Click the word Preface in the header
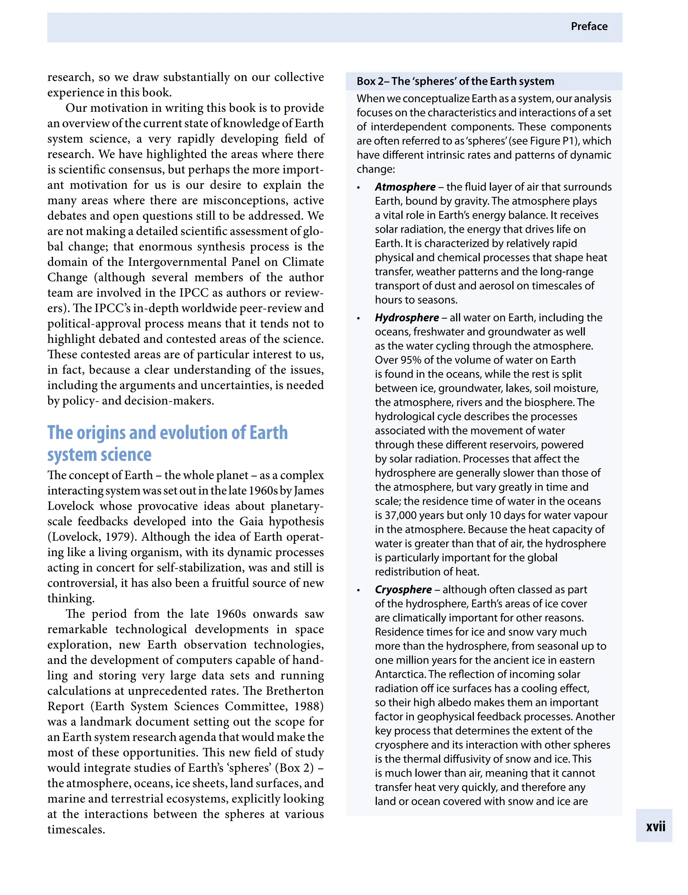coord(589,27)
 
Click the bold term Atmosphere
coord(405,187)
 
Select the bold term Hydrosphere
coord(407,318)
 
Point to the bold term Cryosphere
coord(403,590)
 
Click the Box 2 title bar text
coord(455,82)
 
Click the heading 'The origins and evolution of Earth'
coord(168,433)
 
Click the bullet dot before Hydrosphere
coord(358,318)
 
